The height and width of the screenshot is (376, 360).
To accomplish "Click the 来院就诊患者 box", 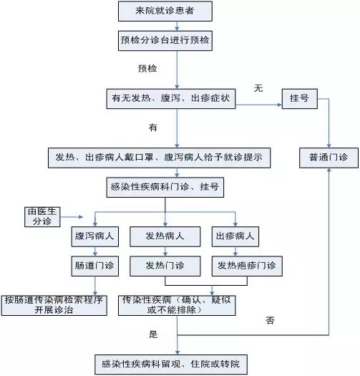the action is pyautogui.click(x=165, y=11).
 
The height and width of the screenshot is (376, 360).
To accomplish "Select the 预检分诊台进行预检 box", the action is pyautogui.click(x=165, y=41).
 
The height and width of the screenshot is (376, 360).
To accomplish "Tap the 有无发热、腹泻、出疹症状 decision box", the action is pyautogui.click(x=171, y=99).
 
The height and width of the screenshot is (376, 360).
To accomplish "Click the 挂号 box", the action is pyautogui.click(x=300, y=99).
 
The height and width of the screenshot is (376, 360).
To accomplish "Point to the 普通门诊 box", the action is pyautogui.click(x=329, y=158).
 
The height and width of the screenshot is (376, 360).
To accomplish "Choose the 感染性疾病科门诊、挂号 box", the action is pyautogui.click(x=165, y=187).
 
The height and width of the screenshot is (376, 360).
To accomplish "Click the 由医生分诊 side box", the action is pyautogui.click(x=42, y=217).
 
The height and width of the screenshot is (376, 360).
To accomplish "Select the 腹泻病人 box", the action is pyautogui.click(x=95, y=236).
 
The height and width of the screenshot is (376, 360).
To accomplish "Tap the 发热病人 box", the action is pyautogui.click(x=165, y=236).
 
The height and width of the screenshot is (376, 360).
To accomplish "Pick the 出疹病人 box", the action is pyautogui.click(x=235, y=236).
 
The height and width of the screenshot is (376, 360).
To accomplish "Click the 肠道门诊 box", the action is pyautogui.click(x=95, y=266).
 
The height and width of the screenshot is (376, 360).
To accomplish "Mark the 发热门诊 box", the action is pyautogui.click(x=165, y=266).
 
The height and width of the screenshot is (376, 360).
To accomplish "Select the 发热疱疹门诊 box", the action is pyautogui.click(x=247, y=266).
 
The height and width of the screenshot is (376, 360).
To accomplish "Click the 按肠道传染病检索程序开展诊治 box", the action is pyautogui.click(x=54, y=305).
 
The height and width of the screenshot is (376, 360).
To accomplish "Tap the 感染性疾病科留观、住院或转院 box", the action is pyautogui.click(x=171, y=365).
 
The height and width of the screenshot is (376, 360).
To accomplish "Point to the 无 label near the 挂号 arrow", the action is pyautogui.click(x=258, y=88).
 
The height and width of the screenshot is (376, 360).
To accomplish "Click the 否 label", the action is pyautogui.click(x=270, y=320).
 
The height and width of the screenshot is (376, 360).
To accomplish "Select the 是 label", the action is pyautogui.click(x=153, y=334).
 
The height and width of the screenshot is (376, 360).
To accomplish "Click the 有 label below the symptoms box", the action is pyautogui.click(x=153, y=127).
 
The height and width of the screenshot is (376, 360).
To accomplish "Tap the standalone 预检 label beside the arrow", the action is pyautogui.click(x=147, y=69).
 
